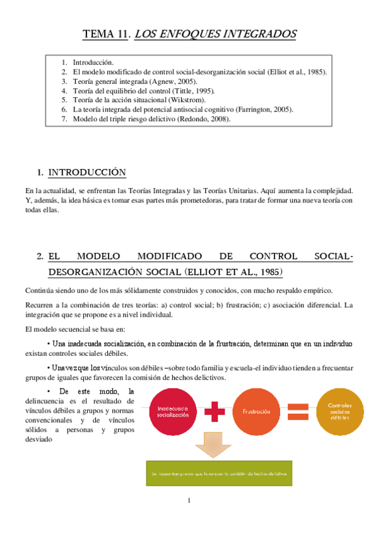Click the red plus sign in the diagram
pos(215,412)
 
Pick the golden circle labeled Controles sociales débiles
pos(340,412)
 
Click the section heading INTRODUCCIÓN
pos(87,172)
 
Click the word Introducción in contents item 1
pos(93,62)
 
